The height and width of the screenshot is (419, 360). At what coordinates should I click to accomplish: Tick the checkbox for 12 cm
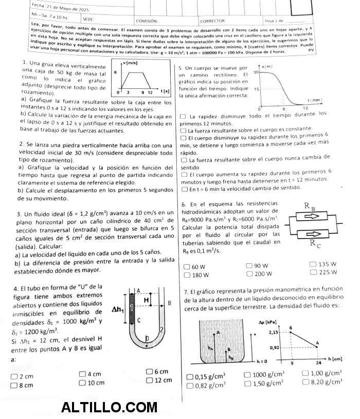click(x=150, y=380)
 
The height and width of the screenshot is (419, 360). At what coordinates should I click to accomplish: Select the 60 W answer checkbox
click(x=187, y=267)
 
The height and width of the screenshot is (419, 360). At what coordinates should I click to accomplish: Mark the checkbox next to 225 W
click(x=314, y=272)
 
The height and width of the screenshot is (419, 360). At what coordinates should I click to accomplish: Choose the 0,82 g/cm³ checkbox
click(x=189, y=385)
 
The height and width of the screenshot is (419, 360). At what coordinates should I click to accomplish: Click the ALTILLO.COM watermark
click(x=109, y=408)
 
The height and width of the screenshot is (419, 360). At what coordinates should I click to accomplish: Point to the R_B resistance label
click(x=310, y=207)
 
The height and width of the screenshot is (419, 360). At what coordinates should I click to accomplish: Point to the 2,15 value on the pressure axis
click(x=274, y=333)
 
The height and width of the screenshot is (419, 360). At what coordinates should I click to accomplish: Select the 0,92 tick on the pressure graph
click(x=274, y=348)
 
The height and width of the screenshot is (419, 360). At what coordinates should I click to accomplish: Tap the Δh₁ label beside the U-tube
click(x=118, y=309)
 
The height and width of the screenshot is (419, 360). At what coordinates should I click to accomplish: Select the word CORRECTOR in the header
click(x=212, y=21)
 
